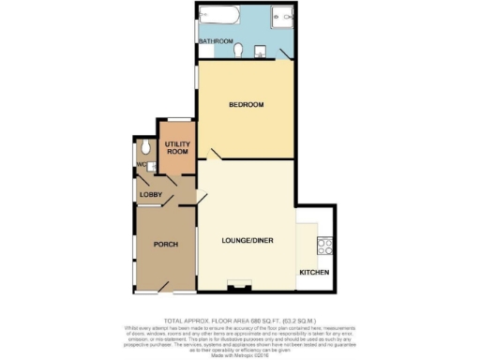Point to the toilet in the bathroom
tap(240, 50)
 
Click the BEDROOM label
tap(247, 104)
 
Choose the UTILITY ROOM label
tap(177, 147)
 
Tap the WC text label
tap(141, 165)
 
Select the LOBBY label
tap(150, 194)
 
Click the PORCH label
tap(165, 244)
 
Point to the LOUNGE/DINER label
tap(246, 242)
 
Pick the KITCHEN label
tap(314, 272)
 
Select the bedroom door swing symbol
tap(216, 155)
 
